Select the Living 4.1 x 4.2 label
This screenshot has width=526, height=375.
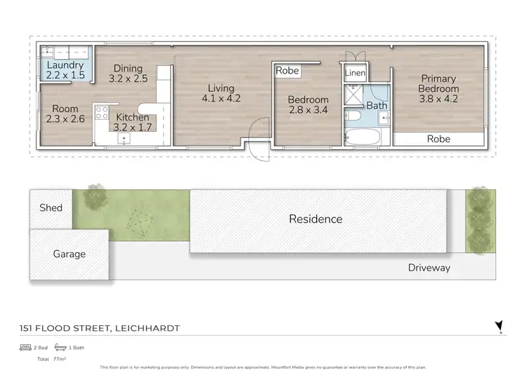click(221, 93)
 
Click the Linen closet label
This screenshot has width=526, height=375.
click(355, 73)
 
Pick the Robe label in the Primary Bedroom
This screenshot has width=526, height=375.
click(438, 139)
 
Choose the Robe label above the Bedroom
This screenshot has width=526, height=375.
click(287, 71)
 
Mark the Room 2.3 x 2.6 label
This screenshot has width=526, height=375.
click(65, 114)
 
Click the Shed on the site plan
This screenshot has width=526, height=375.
click(50, 207)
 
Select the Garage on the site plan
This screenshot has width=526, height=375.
click(69, 254)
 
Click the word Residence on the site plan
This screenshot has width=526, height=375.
click(316, 219)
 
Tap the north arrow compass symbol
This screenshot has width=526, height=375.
click(499, 326)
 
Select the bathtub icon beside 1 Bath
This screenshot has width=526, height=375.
click(60, 348)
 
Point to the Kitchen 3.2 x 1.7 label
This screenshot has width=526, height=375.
click(132, 122)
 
